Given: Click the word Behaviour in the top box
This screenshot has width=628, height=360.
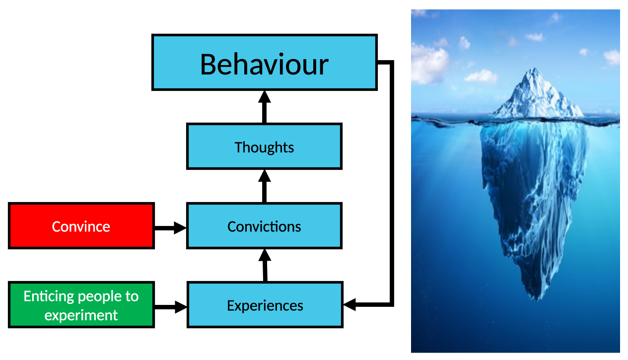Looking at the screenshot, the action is (x=264, y=65).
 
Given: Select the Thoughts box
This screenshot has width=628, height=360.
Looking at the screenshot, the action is (x=265, y=146).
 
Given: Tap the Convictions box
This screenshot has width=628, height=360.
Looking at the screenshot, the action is (x=265, y=226).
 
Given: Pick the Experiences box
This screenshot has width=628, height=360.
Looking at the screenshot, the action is (x=265, y=305).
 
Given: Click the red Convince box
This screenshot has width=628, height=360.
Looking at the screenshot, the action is (x=81, y=226).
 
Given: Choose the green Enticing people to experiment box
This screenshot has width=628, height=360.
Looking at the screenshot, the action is (x=81, y=305).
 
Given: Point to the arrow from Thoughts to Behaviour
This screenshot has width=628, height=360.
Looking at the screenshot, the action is (x=265, y=107).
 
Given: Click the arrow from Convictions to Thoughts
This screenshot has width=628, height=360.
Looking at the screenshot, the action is (x=265, y=186).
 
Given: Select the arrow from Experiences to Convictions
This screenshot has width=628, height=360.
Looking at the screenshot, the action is (x=265, y=265).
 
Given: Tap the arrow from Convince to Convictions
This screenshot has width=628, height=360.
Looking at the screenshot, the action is (x=170, y=227).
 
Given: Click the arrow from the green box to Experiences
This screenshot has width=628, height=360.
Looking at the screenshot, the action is (x=171, y=307).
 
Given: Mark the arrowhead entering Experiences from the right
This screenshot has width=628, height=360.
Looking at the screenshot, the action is (x=349, y=304).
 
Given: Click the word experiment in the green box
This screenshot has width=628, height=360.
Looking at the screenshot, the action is (x=81, y=315).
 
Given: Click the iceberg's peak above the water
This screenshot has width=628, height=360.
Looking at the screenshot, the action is (x=534, y=70).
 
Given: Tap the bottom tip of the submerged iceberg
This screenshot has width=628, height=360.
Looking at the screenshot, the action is (x=537, y=300).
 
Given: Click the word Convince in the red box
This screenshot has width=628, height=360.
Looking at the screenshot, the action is (x=81, y=226).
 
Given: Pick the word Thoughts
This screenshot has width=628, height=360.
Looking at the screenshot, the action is (x=265, y=147).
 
